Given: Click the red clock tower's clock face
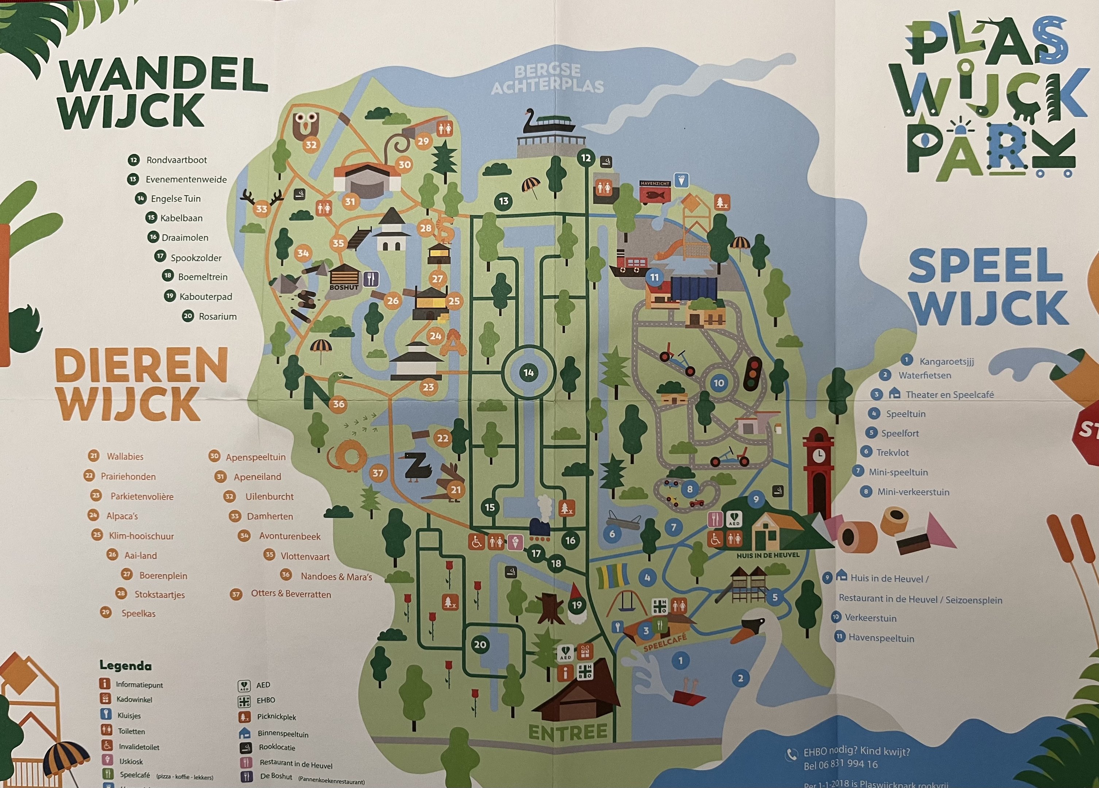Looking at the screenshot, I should [x=818, y=455].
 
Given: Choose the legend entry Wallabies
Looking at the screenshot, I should [x=125, y=456].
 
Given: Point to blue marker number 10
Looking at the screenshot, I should [x=718, y=383].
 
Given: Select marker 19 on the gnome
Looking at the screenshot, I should [x=577, y=605].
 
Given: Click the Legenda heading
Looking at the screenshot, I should [x=126, y=665].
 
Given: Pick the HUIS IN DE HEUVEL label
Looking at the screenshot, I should [x=768, y=555].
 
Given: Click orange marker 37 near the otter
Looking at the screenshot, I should [x=378, y=473].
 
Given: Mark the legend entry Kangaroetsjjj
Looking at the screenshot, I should [x=946, y=361].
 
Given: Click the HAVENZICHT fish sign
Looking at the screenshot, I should [x=655, y=192].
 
